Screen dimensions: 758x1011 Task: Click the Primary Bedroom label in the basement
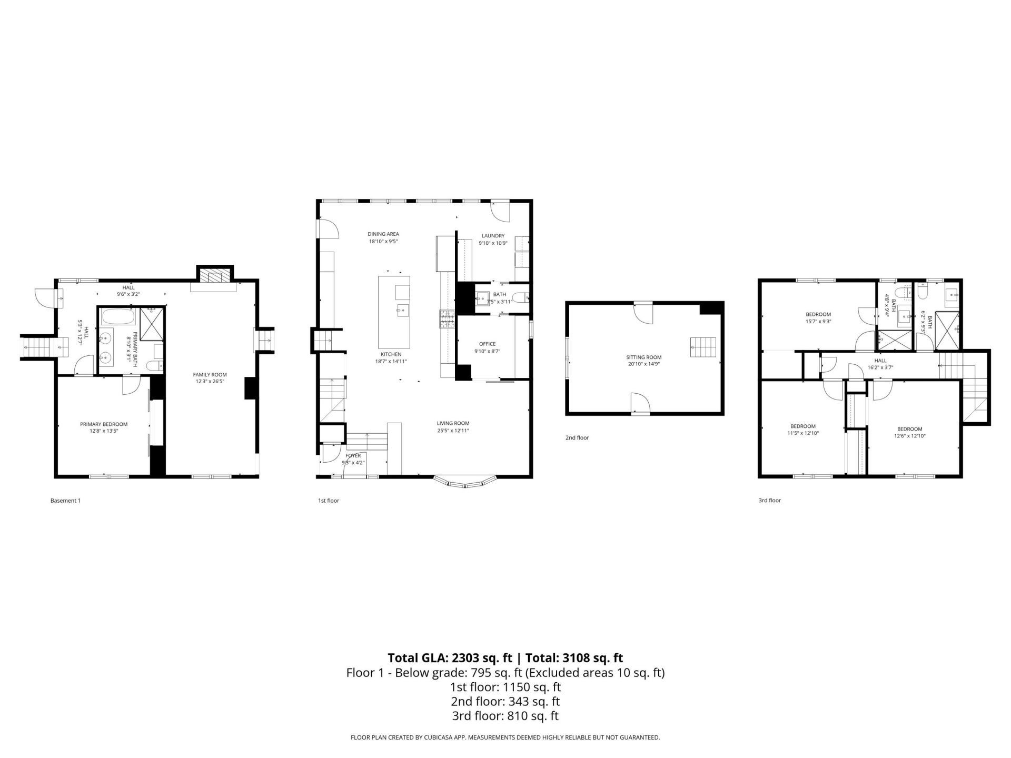coord(104,424)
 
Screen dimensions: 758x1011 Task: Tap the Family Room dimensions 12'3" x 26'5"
coord(210,382)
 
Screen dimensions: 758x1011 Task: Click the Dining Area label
coord(383,234)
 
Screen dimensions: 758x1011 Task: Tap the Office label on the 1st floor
coord(487,344)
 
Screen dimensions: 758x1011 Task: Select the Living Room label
coord(453,423)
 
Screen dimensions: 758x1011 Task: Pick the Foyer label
coord(353,456)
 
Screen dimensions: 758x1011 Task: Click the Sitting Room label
coord(643,357)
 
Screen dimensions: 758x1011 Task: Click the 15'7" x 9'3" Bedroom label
coord(818,314)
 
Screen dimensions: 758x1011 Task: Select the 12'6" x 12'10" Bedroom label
coord(909,429)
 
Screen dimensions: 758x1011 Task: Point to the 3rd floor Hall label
coord(880,361)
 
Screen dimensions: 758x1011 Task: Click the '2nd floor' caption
coord(577,437)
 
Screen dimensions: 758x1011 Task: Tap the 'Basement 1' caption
coord(65,501)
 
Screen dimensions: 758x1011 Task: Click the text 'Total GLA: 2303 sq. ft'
coord(450,658)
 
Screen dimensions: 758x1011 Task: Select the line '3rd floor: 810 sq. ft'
coord(505,716)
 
